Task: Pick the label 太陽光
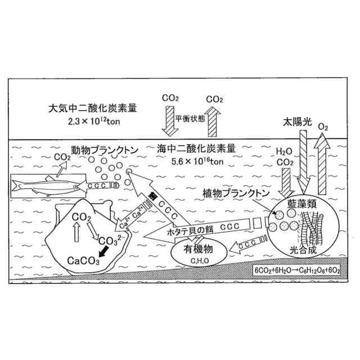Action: point(294,121)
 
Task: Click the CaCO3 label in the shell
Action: point(83,261)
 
